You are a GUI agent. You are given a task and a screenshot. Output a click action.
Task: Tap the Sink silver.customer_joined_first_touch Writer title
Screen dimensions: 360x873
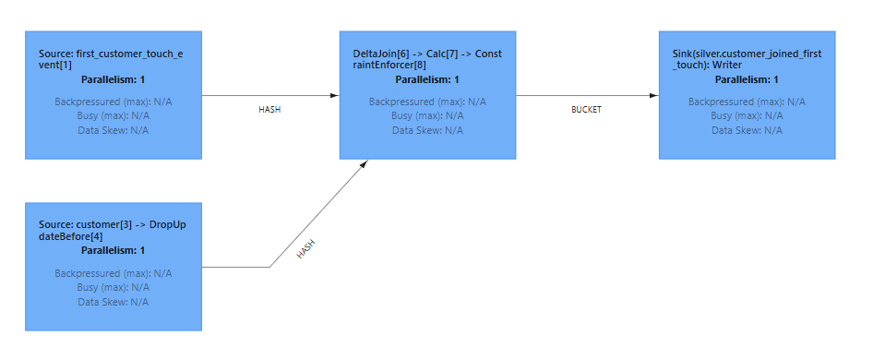click(x=747, y=62)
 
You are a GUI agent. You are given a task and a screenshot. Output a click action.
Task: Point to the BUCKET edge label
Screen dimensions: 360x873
click(x=586, y=109)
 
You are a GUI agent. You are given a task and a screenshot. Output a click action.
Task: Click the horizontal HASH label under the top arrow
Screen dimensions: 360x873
click(x=269, y=109)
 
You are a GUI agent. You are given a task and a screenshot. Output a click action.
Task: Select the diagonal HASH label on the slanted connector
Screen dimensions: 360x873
click(x=306, y=249)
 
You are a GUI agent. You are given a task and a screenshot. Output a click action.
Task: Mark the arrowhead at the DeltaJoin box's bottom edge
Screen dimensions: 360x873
click(x=365, y=163)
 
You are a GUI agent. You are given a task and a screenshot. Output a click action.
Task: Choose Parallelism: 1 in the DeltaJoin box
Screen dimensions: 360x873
click(x=427, y=79)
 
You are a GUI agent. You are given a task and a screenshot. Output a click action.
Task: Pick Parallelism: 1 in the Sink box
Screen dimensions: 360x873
click(x=747, y=79)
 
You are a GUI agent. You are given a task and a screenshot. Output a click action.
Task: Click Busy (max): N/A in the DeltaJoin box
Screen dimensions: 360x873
click(x=427, y=115)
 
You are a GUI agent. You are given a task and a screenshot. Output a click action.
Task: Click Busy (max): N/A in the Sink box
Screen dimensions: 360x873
click(x=747, y=115)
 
